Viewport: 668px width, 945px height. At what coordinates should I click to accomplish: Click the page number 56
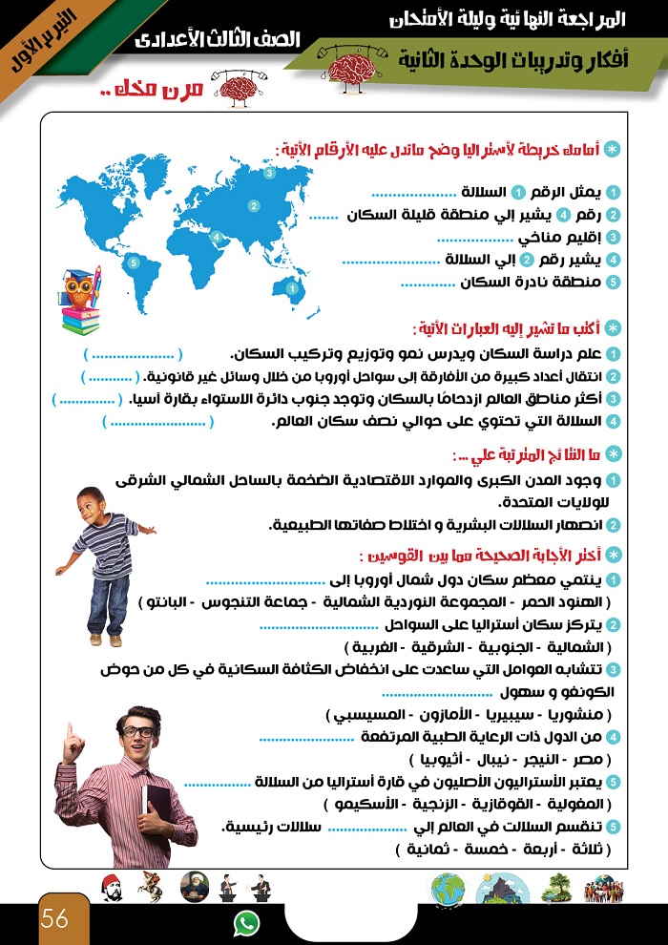[x=54, y=919]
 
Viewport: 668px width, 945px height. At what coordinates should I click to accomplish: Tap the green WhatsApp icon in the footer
[x=246, y=923]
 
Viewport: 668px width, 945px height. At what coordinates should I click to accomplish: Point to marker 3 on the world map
[x=270, y=174]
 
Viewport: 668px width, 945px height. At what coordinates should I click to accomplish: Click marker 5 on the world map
[x=133, y=262]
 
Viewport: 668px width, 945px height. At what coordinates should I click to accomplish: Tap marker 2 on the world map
[x=254, y=205]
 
